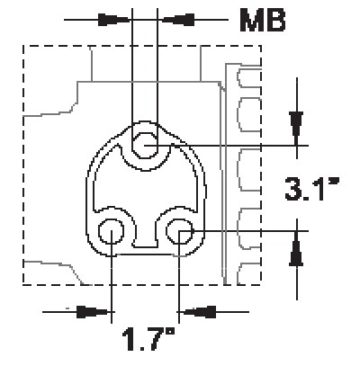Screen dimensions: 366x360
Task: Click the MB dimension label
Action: (262, 20)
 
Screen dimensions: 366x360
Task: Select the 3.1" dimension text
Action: (310, 190)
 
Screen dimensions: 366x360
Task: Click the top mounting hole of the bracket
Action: (146, 144)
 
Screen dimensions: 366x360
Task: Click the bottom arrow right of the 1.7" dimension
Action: (203, 311)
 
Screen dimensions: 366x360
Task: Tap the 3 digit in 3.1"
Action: (294, 190)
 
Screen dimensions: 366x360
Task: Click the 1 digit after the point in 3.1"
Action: (321, 190)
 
